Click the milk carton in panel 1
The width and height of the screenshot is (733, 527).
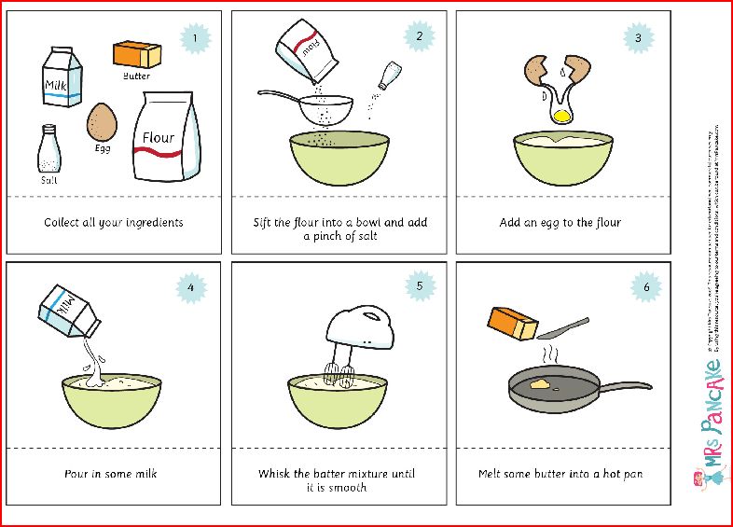click(x=62, y=78)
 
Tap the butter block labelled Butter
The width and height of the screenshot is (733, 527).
click(x=138, y=54)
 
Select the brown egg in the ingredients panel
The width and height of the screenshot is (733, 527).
click(x=102, y=121)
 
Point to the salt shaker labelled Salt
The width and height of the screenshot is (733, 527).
click(x=49, y=149)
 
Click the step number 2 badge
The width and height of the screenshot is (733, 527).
click(x=420, y=37)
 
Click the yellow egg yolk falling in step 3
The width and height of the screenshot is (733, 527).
click(x=561, y=116)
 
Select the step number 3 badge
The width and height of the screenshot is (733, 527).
click(x=638, y=38)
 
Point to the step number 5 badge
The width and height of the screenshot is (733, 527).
click(x=420, y=286)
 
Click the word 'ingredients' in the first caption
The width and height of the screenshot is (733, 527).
click(x=152, y=223)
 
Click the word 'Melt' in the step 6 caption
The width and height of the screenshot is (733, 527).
click(x=492, y=474)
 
